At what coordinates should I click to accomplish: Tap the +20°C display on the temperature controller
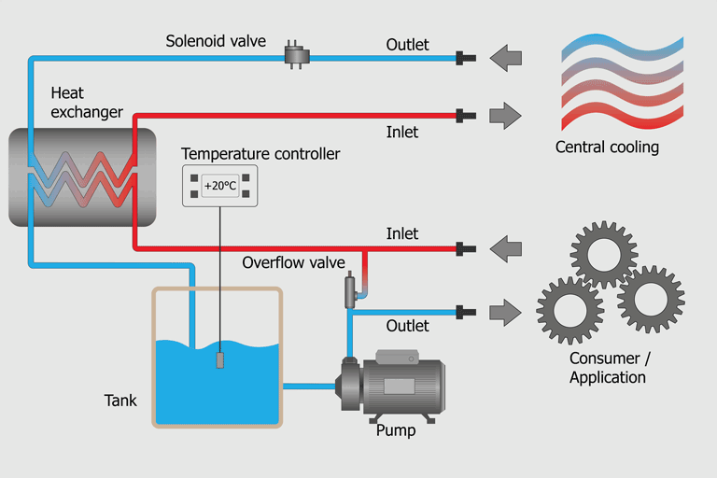point(219,185)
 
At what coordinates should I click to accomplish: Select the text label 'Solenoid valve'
point(216,41)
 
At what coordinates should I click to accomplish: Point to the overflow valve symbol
point(351,290)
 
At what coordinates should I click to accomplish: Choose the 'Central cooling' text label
point(607,147)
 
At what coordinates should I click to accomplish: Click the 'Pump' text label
point(395,431)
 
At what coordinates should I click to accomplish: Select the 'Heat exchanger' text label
point(87,103)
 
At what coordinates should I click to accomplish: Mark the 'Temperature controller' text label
point(260,153)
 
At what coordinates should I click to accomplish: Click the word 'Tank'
point(120,401)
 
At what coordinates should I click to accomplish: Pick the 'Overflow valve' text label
point(294,262)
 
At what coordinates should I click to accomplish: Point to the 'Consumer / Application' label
point(608,368)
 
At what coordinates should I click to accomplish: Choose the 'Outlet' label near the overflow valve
point(408,326)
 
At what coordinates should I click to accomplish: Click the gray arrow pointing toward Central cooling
point(505,116)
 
